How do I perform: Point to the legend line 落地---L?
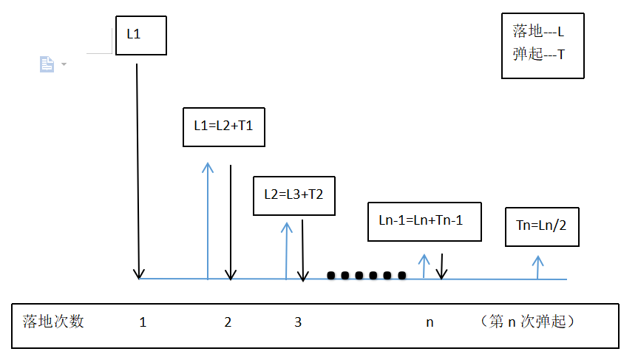click(538, 31)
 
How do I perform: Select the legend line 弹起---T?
click(539, 54)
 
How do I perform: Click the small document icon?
click(47, 64)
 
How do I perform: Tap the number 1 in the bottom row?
click(143, 322)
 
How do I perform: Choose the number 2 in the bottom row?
click(228, 322)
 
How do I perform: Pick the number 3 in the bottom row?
click(298, 322)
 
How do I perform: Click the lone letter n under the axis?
click(430, 322)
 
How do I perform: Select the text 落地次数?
click(53, 322)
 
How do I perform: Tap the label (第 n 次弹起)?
click(527, 322)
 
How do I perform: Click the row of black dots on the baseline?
click(367, 276)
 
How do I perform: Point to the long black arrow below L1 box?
click(138, 171)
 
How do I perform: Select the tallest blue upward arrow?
click(208, 221)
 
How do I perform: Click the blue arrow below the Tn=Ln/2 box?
click(538, 268)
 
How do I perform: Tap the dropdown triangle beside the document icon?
click(64, 64)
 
